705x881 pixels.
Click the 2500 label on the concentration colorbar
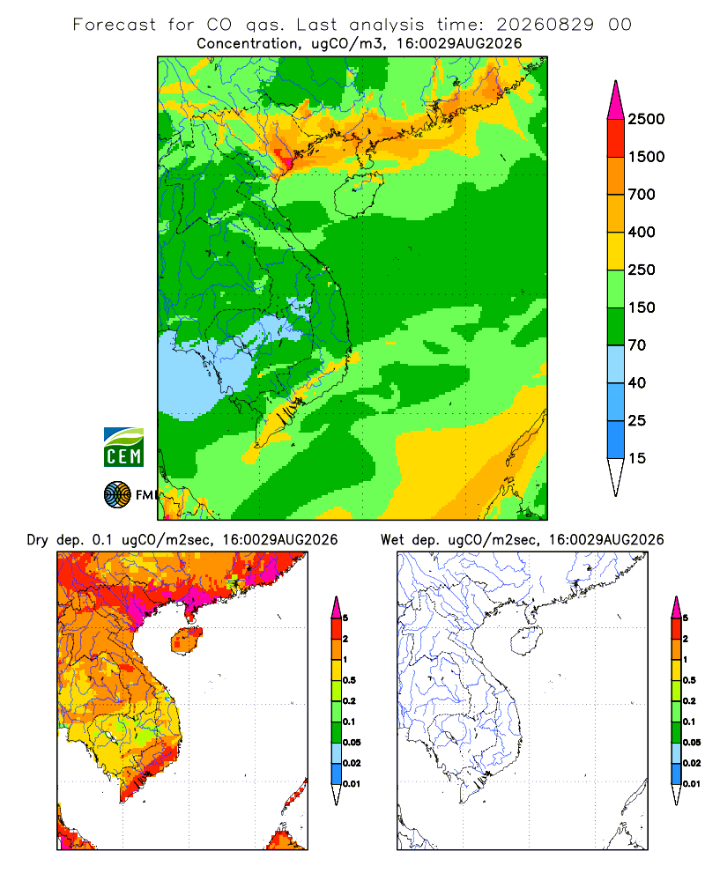tap(646, 119)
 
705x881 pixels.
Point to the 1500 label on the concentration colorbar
tap(646, 157)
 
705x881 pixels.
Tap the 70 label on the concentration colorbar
tap(636, 345)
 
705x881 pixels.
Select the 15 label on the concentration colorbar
tap(636, 458)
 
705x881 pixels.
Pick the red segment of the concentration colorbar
tap(616, 138)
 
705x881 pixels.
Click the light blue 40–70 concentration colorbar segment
tap(616, 364)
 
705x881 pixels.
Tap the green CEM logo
tap(123, 448)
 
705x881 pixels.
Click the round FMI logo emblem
tap(117, 495)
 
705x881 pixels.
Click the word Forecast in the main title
tap(115, 25)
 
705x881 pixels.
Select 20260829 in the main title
tap(545, 25)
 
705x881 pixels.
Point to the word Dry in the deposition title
tap(38, 540)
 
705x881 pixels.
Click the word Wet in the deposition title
tap(392, 540)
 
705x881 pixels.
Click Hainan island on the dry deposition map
tap(186, 640)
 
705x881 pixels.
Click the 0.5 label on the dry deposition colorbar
tap(349, 680)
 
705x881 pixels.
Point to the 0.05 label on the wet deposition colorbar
tap(692, 743)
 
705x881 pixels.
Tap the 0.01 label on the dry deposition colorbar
tap(352, 784)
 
